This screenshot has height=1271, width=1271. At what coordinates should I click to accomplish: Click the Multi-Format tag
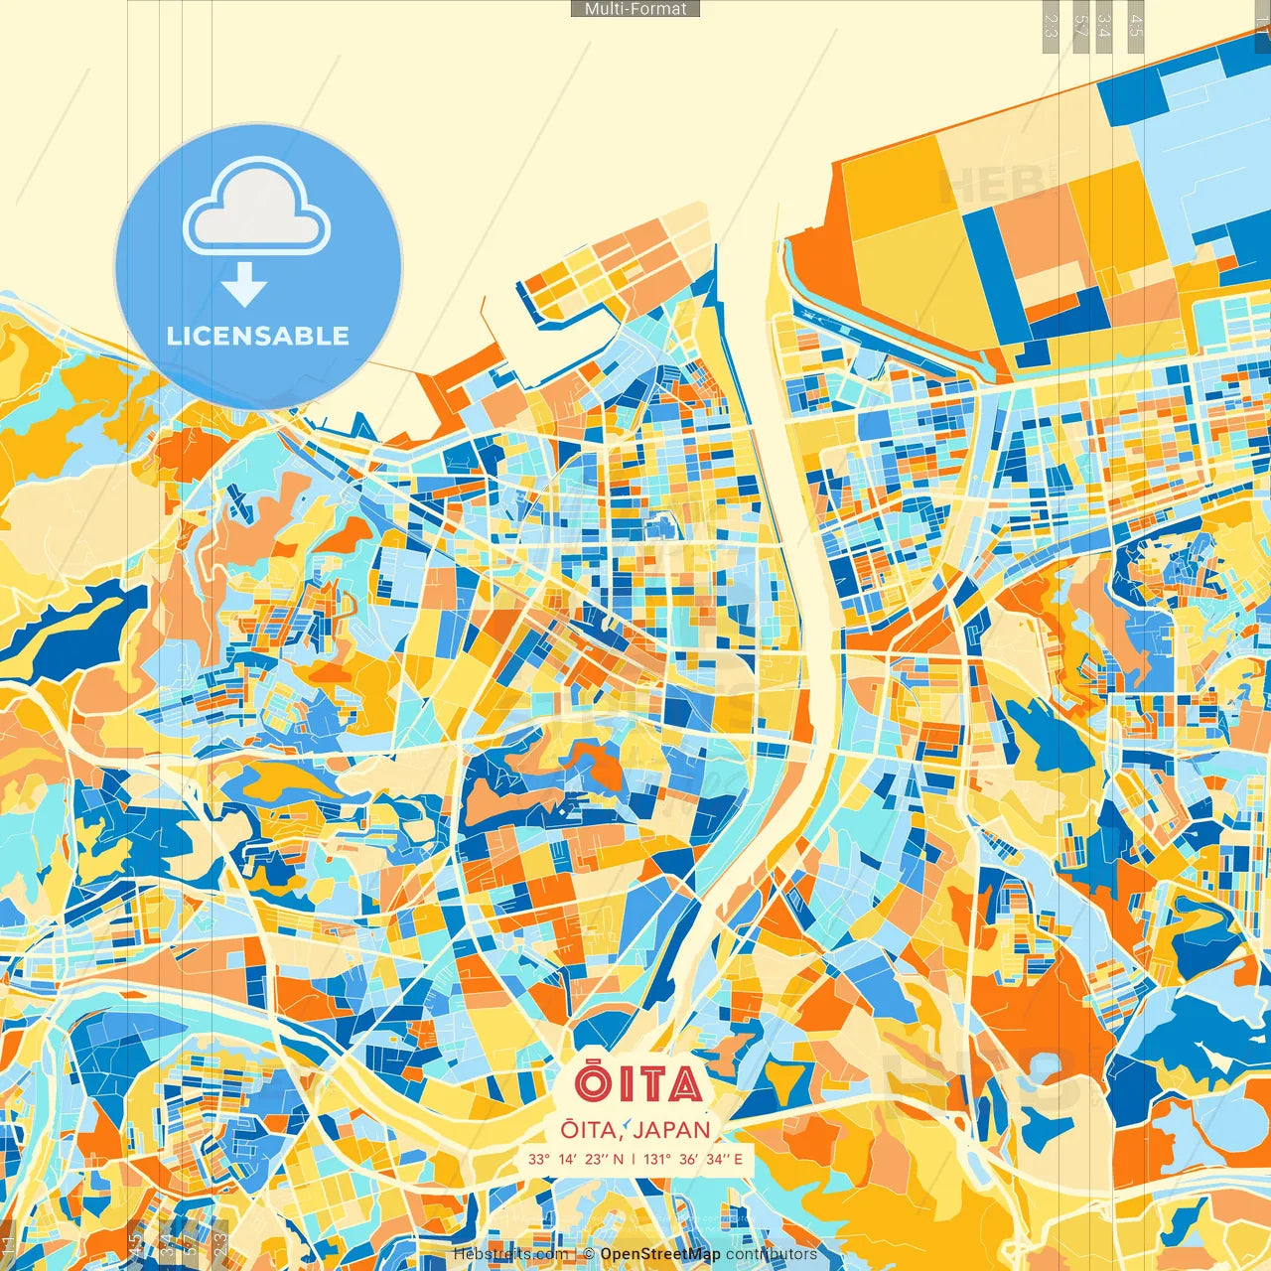635,9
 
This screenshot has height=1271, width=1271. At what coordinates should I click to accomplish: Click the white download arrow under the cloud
244,285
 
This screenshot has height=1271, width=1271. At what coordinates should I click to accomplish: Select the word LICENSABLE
258,336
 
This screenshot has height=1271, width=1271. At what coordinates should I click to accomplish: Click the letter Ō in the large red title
593,1083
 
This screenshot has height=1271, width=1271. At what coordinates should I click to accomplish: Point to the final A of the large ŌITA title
684,1085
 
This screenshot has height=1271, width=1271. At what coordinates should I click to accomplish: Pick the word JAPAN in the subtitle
671,1130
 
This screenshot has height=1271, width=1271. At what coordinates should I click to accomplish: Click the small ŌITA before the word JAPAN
591,1130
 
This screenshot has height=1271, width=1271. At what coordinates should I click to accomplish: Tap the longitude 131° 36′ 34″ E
692,1159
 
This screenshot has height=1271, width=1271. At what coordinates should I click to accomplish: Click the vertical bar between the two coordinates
634,1159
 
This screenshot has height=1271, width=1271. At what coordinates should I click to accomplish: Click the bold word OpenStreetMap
660,1254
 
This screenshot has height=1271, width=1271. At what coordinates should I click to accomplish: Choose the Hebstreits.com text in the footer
511,1254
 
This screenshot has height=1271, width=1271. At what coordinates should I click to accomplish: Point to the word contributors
772,1254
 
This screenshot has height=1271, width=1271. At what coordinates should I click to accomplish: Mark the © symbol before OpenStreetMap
589,1254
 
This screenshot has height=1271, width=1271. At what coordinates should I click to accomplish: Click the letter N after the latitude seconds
619,1159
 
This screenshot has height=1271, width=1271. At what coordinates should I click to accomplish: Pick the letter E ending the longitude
738,1159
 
